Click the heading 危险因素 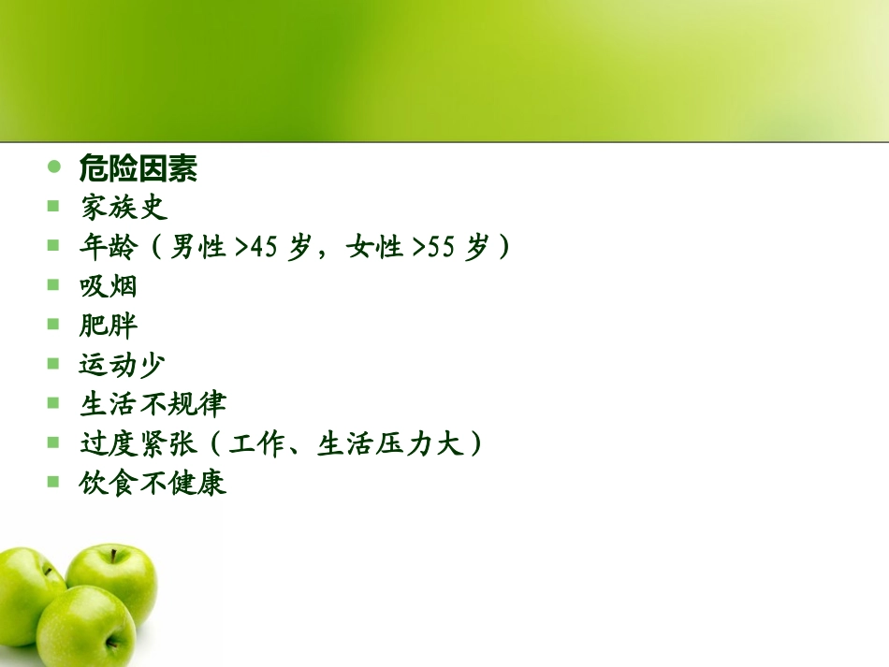[138, 169]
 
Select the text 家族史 [123, 208]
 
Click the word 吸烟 [108, 286]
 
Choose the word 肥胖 [108, 326]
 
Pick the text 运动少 [123, 365]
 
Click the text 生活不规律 [153, 404]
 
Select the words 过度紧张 [138, 443]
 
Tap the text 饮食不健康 [153, 484]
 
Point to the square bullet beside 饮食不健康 [54, 482]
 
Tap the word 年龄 [108, 248]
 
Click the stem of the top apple [115, 556]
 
